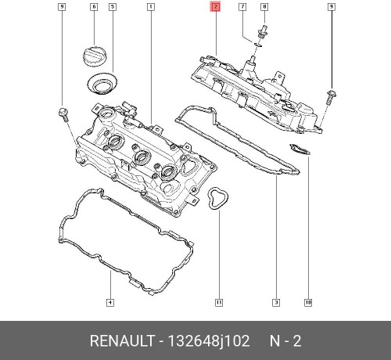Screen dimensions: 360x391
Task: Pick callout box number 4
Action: coord(109,303)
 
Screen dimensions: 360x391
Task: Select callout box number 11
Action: coord(219,303)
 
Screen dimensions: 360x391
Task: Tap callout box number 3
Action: coord(276,303)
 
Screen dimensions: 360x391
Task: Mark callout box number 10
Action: coord(308,303)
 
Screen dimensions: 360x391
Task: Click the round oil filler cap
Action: coord(93,58)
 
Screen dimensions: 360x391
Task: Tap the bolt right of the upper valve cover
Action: coord(331,96)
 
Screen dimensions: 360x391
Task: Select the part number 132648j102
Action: coord(206,341)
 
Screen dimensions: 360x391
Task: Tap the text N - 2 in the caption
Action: coord(285,341)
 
